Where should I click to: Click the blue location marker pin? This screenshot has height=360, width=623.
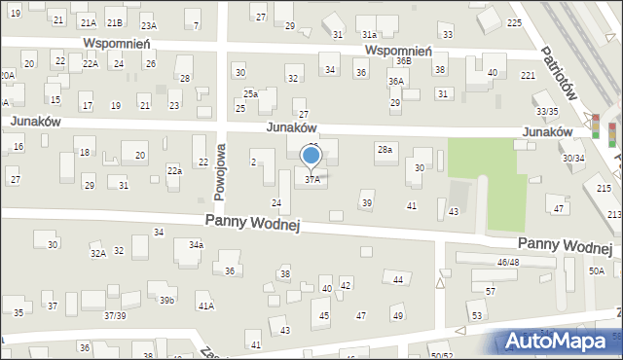pos(311,156)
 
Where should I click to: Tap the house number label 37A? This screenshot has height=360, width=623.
pos(312,179)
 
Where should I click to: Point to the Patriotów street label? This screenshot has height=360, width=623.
pos(560,72)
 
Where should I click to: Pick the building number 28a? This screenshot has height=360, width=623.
pos(385,149)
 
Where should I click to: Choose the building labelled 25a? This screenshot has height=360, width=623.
pos(250,93)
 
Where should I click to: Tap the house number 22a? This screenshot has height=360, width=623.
pos(174,170)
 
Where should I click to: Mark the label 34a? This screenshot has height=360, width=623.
pos(196,244)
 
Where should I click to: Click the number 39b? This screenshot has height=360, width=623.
pos(166,300)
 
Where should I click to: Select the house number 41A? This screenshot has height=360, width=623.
pos(205,306)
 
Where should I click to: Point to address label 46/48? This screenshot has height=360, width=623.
pos(507,263)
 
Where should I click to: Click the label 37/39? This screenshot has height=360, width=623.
pos(115,315)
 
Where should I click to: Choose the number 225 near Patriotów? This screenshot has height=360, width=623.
pos(514,21)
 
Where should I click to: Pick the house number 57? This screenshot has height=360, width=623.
pos(490,292)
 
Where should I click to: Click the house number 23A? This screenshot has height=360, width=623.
pos(148,26)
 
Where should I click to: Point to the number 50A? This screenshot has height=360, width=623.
pos(596,271)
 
